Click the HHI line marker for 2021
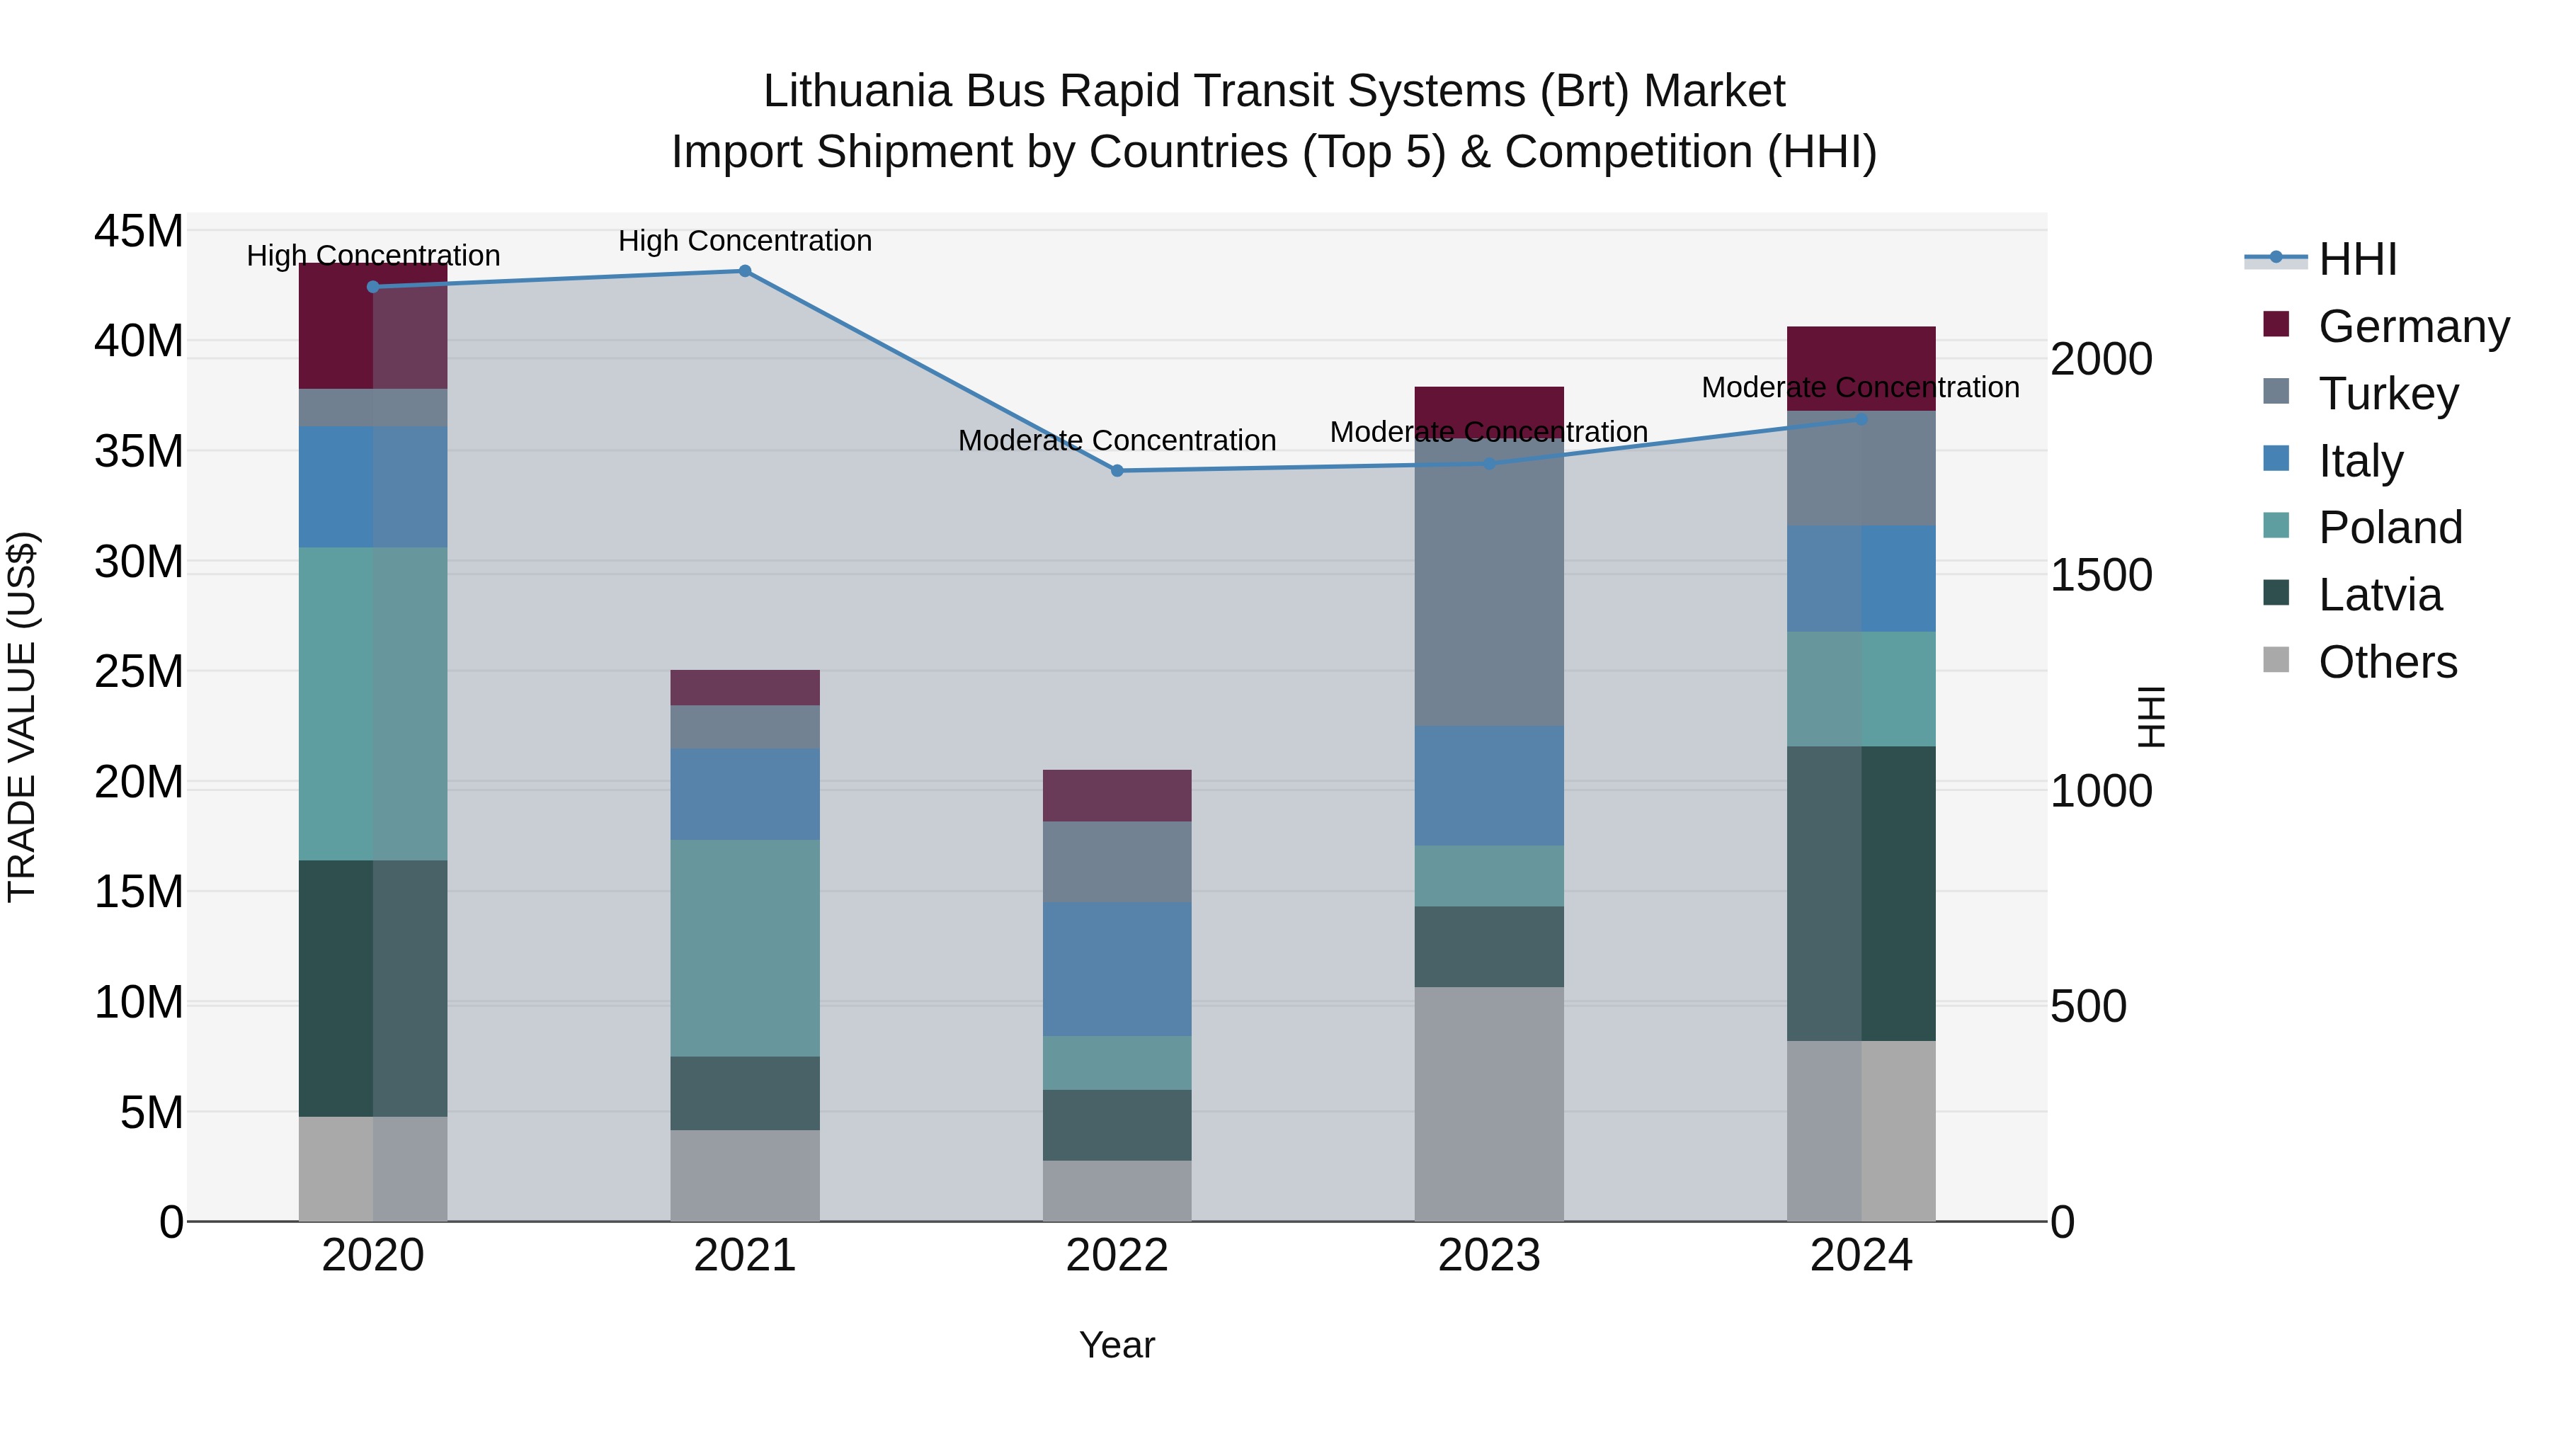745,271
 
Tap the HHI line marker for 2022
1117,471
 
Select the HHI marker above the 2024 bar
1861,420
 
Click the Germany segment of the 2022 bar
1117,796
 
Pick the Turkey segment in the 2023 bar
1489,582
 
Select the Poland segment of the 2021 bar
745,948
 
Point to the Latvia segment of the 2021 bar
745,1093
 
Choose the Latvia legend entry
2380,595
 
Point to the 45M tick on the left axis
139,232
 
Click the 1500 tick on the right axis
2101,575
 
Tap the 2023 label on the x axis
1489,1256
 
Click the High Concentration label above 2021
745,241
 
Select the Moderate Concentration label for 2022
1117,440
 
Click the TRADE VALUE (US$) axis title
22,717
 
